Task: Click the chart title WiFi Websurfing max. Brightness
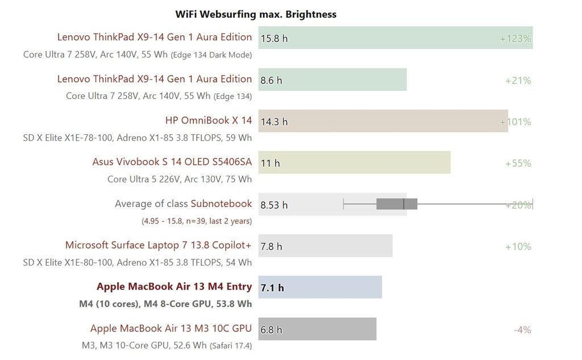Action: point(256,14)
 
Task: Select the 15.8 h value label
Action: point(274,39)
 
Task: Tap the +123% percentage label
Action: point(515,39)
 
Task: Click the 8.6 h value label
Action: point(271,80)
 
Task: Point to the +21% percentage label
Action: point(518,80)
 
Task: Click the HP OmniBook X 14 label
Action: point(208,120)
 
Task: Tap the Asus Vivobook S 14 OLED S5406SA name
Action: point(172,162)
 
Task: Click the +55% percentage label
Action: point(518,163)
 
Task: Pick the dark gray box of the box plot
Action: point(397,204)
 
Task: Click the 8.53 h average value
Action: point(274,205)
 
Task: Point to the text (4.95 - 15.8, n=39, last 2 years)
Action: point(196,221)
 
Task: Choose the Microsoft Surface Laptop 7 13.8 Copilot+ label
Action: point(158,245)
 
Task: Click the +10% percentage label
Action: point(518,246)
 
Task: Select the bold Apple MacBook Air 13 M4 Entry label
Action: point(174,286)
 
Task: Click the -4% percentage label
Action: point(522,329)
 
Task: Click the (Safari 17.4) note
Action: point(231,345)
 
